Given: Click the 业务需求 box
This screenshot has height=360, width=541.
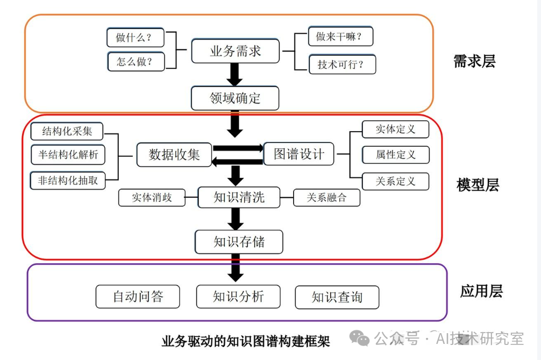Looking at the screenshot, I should pyautogui.click(x=235, y=52).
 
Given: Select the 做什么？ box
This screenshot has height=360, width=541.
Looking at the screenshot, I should pyautogui.click(x=136, y=38).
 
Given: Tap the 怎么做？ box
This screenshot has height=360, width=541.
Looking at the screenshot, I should pyautogui.click(x=136, y=61).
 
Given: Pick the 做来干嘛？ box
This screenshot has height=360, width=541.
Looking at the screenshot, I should pyautogui.click(x=340, y=37).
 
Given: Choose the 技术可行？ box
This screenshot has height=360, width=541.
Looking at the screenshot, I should pyautogui.click(x=341, y=64).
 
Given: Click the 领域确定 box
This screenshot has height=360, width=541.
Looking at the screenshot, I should pyautogui.click(x=235, y=98).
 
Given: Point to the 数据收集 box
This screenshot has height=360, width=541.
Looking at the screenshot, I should pyautogui.click(x=174, y=155).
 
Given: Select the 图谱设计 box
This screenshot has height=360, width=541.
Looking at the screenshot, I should pyautogui.click(x=298, y=154).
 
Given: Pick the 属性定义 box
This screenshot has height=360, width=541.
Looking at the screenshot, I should pyautogui.click(x=395, y=155).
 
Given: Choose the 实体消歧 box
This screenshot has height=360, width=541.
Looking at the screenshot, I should pyautogui.click(x=152, y=197).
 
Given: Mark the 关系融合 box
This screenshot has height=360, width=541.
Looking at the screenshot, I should pyautogui.click(x=326, y=197).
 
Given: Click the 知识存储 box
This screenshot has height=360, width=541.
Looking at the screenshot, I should pyautogui.click(x=239, y=242).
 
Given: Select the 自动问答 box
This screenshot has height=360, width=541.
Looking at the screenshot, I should pyautogui.click(x=138, y=297).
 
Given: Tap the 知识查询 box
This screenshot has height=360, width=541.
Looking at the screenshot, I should pyautogui.click(x=337, y=297).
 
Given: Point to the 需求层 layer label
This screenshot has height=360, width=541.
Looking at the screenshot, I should pyautogui.click(x=474, y=61).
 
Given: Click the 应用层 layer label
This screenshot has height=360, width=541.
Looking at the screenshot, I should pyautogui.click(x=481, y=292).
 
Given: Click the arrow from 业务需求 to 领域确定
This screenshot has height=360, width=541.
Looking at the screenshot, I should pyautogui.click(x=234, y=75).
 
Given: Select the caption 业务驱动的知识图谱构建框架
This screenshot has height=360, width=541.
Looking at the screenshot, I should pyautogui.click(x=245, y=341).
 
